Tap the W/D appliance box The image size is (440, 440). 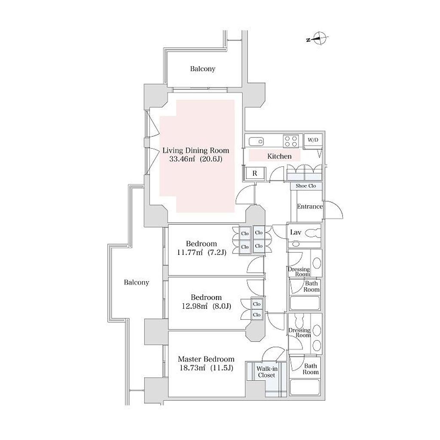(313, 140)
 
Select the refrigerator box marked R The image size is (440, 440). (255, 174)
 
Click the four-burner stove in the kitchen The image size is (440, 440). (290, 141)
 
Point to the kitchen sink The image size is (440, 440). (255, 141)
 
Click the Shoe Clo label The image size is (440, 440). (306, 186)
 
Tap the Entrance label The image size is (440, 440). (310, 207)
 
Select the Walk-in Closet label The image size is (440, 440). (266, 372)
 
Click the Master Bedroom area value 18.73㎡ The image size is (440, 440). (193, 368)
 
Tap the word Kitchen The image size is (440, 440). (279, 156)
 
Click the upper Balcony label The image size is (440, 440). (203, 69)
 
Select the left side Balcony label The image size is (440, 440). (136, 282)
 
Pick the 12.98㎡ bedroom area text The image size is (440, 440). (195, 306)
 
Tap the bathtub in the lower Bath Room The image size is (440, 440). (305, 387)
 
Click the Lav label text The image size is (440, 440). (296, 232)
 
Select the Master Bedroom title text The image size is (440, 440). (206, 359)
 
